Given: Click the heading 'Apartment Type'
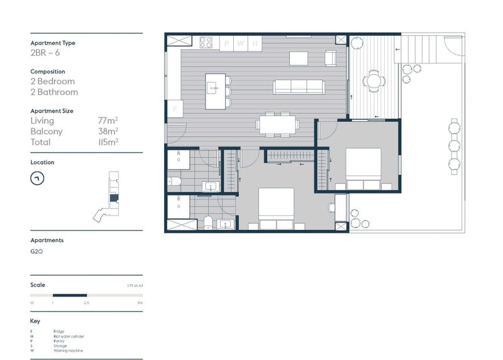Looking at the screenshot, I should pyautogui.click(x=53, y=43).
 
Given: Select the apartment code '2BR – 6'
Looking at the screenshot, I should pyautogui.click(x=45, y=53).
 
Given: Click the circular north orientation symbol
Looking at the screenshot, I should pyautogui.click(x=37, y=178).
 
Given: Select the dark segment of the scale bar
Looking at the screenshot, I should pyautogui.click(x=69, y=295).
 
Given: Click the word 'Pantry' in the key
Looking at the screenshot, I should pyautogui.click(x=58, y=341).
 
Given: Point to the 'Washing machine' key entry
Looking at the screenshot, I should pyautogui.click(x=67, y=351).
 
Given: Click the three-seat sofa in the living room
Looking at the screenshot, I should pyautogui.click(x=299, y=87).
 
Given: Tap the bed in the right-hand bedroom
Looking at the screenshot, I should pyautogui.click(x=363, y=168).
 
